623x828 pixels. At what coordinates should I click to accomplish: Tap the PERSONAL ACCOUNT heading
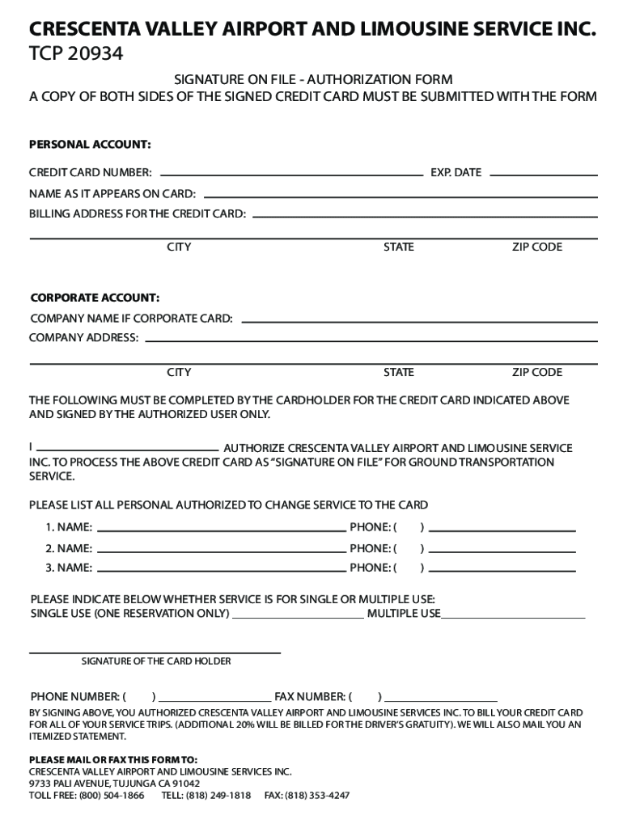click(90, 145)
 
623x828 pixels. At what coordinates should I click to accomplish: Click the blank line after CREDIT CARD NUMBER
click(292, 174)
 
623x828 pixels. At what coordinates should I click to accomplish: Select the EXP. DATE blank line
click(543, 174)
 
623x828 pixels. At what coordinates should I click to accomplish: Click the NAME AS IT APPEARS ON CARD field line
click(400, 196)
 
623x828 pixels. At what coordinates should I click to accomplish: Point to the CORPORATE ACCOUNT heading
click(95, 298)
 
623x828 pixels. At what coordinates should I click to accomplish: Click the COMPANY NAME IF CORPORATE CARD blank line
click(419, 320)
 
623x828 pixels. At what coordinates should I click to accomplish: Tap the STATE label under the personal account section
click(398, 247)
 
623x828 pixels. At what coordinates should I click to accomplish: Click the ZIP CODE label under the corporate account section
click(536, 373)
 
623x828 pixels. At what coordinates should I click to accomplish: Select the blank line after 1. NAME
click(221, 530)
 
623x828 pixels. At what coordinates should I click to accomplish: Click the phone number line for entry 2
click(502, 551)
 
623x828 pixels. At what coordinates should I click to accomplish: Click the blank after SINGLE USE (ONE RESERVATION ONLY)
click(298, 616)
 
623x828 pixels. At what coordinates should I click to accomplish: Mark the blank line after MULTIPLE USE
click(513, 616)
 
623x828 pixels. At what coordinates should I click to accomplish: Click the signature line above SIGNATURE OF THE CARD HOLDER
click(155, 652)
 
